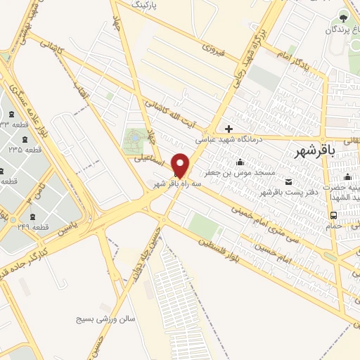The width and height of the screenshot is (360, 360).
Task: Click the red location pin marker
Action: [180, 165]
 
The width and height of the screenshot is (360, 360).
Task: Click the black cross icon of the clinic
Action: [229, 129]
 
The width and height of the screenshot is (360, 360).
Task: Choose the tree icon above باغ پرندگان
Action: [344, 17]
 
